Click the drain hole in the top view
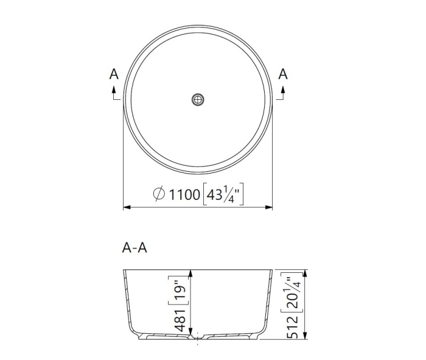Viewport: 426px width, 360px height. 198,99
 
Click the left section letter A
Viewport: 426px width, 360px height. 113,74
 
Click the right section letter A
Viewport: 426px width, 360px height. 282,74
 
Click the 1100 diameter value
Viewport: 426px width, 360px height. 184,194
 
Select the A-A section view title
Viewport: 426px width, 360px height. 134,247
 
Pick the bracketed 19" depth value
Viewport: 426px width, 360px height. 180,291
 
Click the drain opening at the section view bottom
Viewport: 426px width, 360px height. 198,337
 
